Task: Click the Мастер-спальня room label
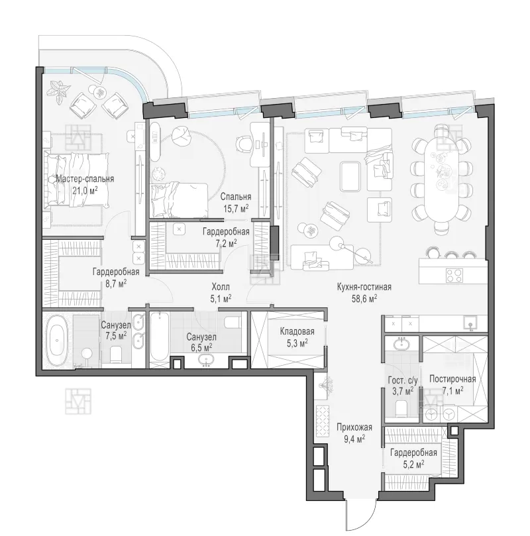click(x=85, y=179)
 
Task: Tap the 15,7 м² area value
click(x=236, y=208)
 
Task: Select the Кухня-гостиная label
click(x=364, y=287)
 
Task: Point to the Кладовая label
click(x=297, y=331)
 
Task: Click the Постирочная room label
click(x=452, y=379)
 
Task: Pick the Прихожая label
click(x=354, y=427)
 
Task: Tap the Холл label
click(x=221, y=287)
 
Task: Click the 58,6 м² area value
click(x=364, y=299)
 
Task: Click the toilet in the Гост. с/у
click(x=401, y=409)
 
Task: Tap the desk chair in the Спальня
click(x=244, y=142)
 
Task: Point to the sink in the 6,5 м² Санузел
click(x=206, y=360)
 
